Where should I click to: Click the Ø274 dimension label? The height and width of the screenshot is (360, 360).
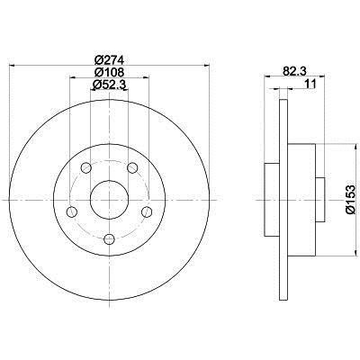(x=109, y=60)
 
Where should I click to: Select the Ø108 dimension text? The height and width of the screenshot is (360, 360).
(x=109, y=72)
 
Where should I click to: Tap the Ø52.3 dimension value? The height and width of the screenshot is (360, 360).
(x=109, y=85)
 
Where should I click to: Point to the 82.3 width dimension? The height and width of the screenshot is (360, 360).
(x=294, y=71)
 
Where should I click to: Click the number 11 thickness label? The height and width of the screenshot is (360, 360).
(x=310, y=84)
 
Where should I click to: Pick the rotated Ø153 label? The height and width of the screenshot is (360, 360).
(x=350, y=200)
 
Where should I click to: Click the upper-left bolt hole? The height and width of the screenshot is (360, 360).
(x=86, y=167)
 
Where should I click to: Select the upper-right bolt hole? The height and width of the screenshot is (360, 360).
(x=132, y=167)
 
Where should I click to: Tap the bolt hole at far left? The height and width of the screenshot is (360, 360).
(x=72, y=211)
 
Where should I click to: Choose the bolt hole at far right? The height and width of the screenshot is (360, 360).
(x=147, y=211)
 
